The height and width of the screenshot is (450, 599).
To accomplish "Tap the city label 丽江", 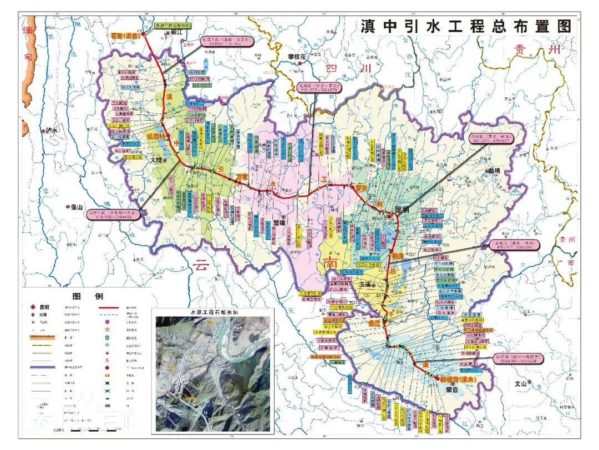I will [x=177, y=33].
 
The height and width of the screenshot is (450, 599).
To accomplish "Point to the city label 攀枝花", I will [x=296, y=56].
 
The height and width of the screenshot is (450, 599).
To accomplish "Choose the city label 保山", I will [x=76, y=206].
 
